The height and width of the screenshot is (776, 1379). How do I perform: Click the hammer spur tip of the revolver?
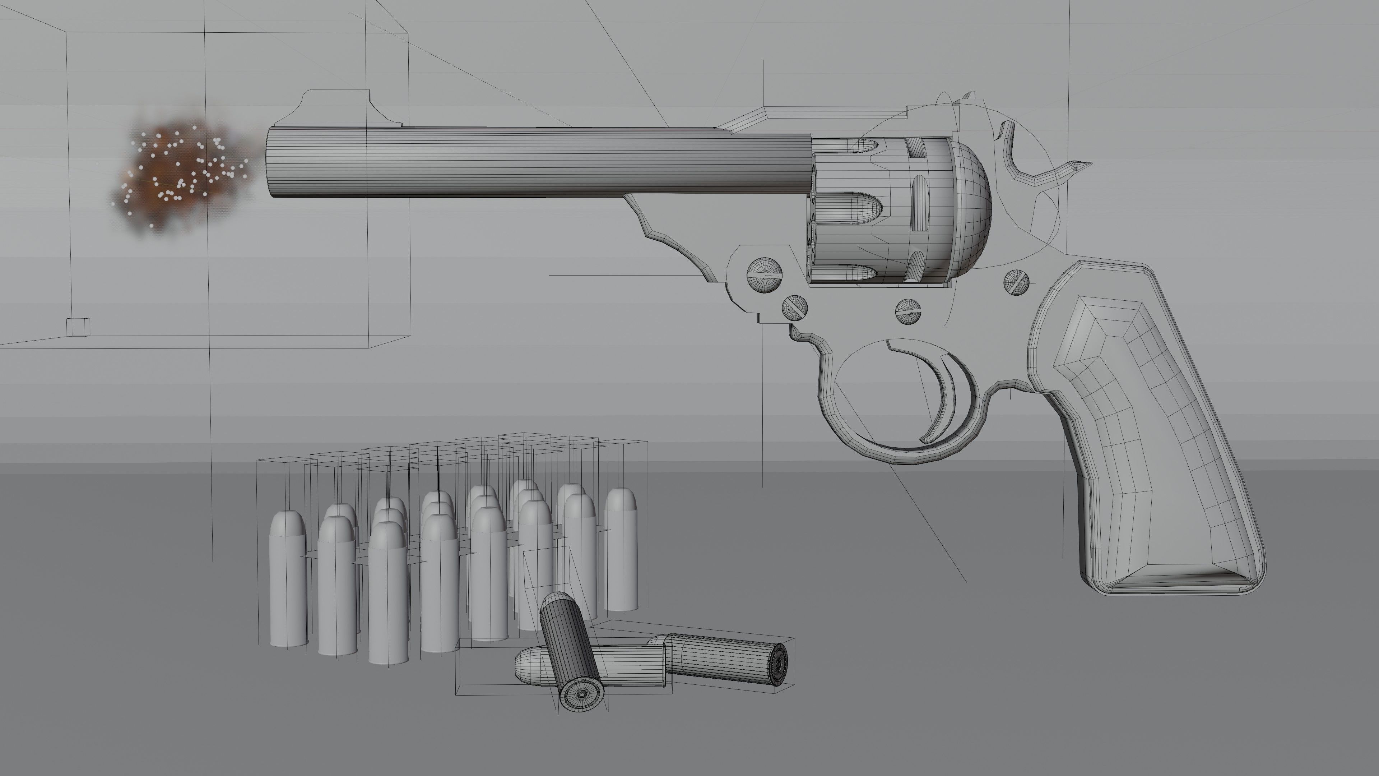pos(1087,165)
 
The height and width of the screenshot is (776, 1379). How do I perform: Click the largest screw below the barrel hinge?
pos(765,275)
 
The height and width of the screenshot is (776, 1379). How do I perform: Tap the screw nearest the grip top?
pos(1016,282)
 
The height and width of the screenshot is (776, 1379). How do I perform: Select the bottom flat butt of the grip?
pos(1178,584)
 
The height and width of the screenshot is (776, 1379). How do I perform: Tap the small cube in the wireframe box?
pos(78,327)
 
